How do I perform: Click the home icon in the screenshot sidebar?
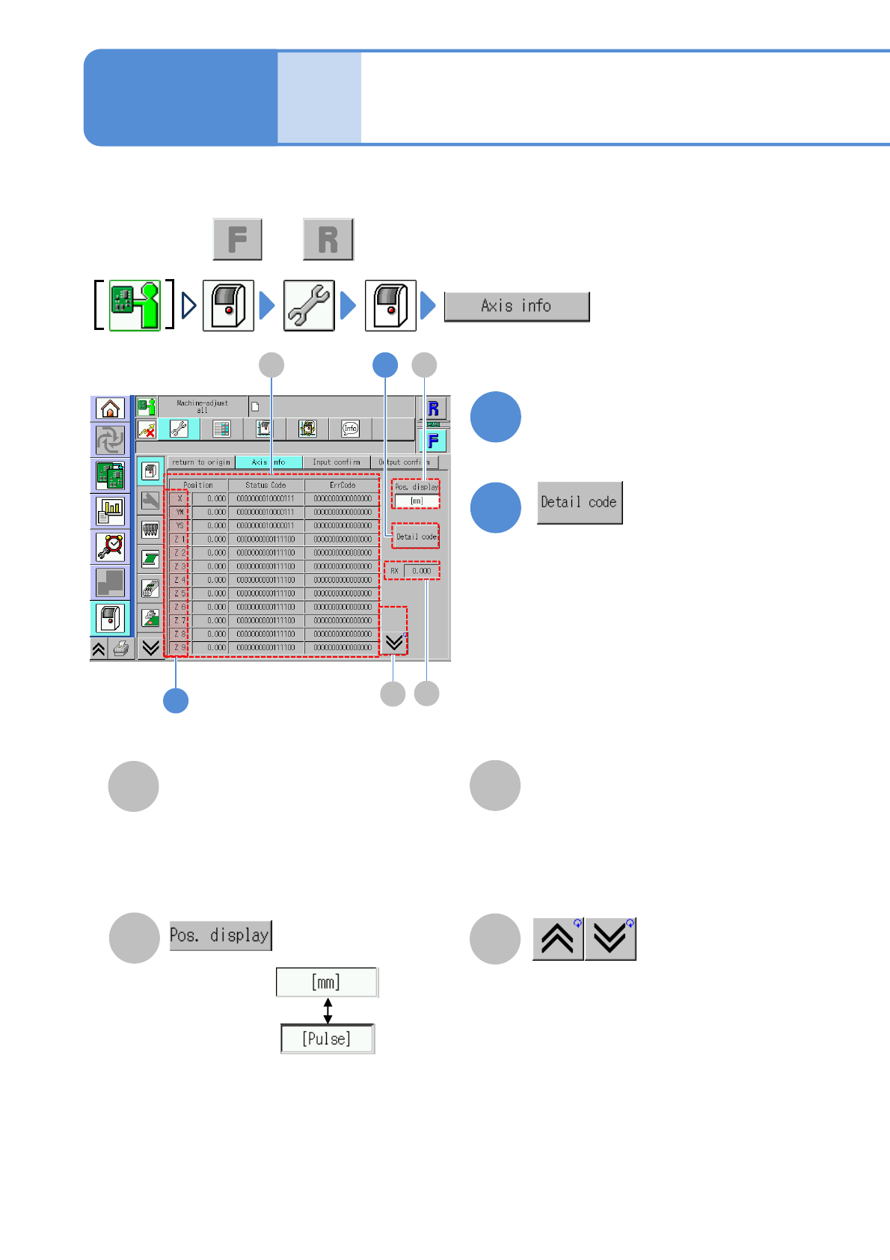point(110,409)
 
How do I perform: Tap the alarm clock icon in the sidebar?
point(110,547)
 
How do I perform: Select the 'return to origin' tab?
point(200,462)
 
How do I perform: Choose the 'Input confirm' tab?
point(336,462)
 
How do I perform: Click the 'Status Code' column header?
point(266,485)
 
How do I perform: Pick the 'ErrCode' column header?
point(343,485)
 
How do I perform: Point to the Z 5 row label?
point(179,593)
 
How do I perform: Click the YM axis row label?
point(179,513)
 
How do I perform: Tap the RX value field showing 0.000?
point(421,571)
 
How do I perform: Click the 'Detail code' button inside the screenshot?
point(416,536)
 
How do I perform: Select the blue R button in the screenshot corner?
point(433,409)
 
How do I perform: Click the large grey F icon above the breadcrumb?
point(238,239)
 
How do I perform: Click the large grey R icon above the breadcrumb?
point(328,239)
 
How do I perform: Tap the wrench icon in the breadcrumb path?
point(309,305)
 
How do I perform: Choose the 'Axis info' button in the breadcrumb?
point(517,306)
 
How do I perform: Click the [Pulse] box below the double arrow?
point(327,1039)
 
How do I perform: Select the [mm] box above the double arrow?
point(327,982)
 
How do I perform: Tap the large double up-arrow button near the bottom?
point(558,939)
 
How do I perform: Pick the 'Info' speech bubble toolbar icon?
point(351,429)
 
